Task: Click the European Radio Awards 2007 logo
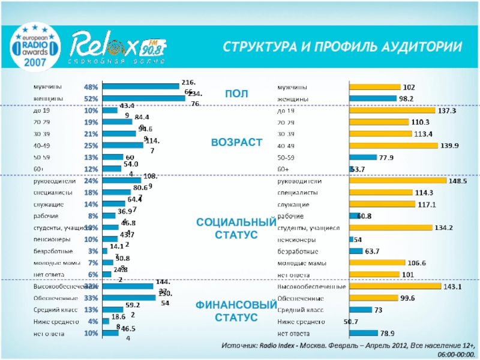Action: point(38,45)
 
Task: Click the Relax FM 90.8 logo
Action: point(118,47)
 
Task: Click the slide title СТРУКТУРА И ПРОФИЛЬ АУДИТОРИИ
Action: point(338,47)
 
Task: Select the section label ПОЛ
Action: point(236,94)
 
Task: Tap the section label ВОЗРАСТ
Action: point(236,142)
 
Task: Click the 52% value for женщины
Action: point(91,98)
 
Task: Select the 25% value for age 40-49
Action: point(91,145)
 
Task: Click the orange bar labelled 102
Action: point(375,87)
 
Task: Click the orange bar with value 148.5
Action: point(398,181)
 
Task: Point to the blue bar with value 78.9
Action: point(364,333)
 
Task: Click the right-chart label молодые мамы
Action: point(301,263)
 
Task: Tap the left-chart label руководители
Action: point(53,181)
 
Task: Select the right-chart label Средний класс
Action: point(300,310)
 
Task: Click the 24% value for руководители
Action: point(91,181)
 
